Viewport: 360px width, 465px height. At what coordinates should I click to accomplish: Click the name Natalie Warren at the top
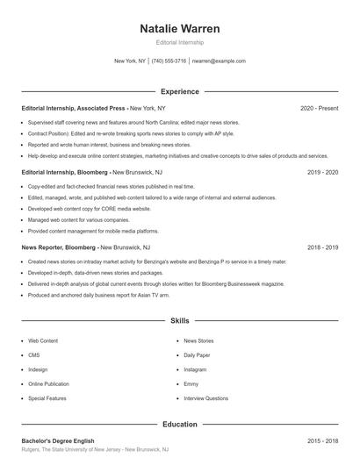point(180,29)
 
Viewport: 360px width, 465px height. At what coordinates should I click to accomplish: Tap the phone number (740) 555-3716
point(169,61)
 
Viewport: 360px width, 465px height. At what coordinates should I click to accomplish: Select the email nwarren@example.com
point(219,61)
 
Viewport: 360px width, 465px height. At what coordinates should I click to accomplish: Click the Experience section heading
point(180,91)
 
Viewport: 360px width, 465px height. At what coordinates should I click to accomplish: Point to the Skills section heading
point(180,321)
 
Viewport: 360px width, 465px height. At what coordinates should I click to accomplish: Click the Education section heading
point(180,424)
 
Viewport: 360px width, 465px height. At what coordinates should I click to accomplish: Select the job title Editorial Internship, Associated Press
point(75,108)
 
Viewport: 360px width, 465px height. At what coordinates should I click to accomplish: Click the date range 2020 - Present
point(319,108)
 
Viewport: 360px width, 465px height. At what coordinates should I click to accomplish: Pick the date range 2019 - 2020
point(322,173)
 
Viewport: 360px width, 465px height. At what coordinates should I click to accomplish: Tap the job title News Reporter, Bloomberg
point(58,248)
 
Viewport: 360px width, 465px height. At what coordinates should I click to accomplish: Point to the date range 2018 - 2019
point(322,248)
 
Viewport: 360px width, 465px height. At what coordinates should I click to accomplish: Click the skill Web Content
point(43,340)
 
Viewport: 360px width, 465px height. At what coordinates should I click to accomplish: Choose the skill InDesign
point(39,369)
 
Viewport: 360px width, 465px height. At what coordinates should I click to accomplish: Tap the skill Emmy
point(191,384)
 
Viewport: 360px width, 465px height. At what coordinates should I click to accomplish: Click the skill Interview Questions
point(206,399)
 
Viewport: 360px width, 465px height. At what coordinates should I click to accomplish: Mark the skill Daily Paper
point(198,354)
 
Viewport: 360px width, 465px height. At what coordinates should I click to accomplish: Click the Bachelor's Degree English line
point(58,440)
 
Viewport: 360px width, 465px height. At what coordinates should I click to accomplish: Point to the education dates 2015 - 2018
point(322,440)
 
